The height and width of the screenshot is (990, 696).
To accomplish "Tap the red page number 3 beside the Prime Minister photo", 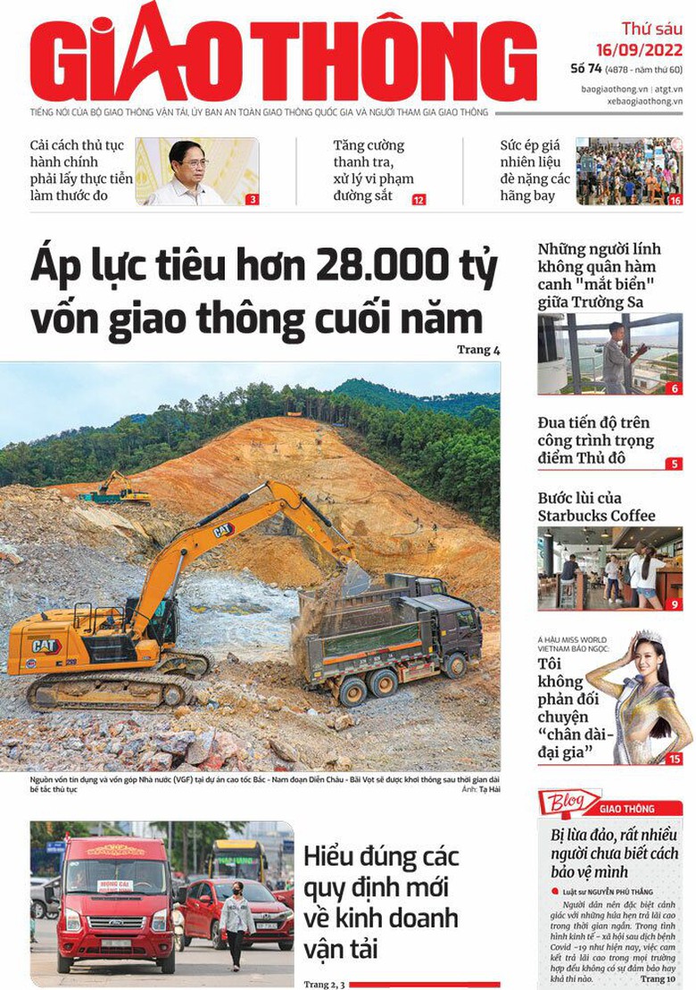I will pos(253,200).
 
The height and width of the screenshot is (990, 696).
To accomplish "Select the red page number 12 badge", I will pos(418,200).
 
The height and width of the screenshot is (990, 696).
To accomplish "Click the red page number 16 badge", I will pos(675,200).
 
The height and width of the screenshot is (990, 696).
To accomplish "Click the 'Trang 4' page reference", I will pos(478,350).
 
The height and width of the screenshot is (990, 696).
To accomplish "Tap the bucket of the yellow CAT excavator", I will pos(355,580).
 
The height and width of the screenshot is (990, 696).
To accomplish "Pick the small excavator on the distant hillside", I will pos(113,487).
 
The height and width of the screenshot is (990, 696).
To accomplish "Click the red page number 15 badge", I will pos(675,759).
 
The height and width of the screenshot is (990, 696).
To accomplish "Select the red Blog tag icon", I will pos(568,803).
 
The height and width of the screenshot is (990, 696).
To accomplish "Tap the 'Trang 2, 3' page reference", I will pos(322,984).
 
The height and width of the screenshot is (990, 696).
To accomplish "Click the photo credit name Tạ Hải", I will pos(487,790).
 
